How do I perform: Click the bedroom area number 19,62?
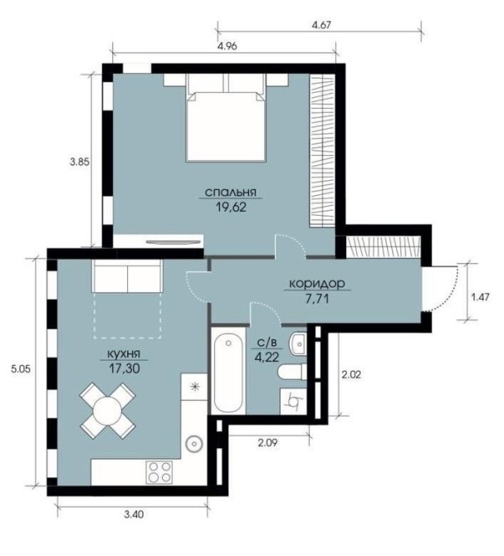pos(231,207)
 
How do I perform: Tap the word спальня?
pos(231,193)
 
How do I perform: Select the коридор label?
pos(317,284)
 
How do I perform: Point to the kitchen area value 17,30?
pos(125,368)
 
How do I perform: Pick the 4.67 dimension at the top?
pos(320,26)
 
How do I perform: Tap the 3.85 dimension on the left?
pos(80,163)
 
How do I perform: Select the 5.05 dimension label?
pos(21,369)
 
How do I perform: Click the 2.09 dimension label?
pos(268,443)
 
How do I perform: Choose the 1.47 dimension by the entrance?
pos(480,297)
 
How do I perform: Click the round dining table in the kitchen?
pos(107,410)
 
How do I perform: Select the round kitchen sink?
pos(194,443)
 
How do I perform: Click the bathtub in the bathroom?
pos(228,370)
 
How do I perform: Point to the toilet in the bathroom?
pos(292,372)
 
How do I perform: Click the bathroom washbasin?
pos(298,344)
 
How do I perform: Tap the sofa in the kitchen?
pos(127,276)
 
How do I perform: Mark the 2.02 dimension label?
pos(350,374)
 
